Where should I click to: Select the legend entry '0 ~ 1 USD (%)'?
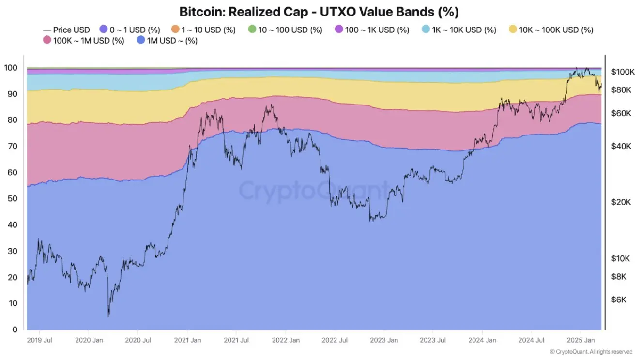coord(129,30)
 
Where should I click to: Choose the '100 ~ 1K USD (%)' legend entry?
coord(371,30)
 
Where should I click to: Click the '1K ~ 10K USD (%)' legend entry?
coord(458,30)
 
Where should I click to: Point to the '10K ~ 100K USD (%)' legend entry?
coord(550,30)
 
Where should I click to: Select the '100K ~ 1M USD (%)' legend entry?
coord(83,41)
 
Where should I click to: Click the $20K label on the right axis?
coord(621,202)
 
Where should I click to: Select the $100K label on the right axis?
coord(623,72)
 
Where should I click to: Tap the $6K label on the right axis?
coord(619,300)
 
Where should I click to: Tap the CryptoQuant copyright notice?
coord(591,352)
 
